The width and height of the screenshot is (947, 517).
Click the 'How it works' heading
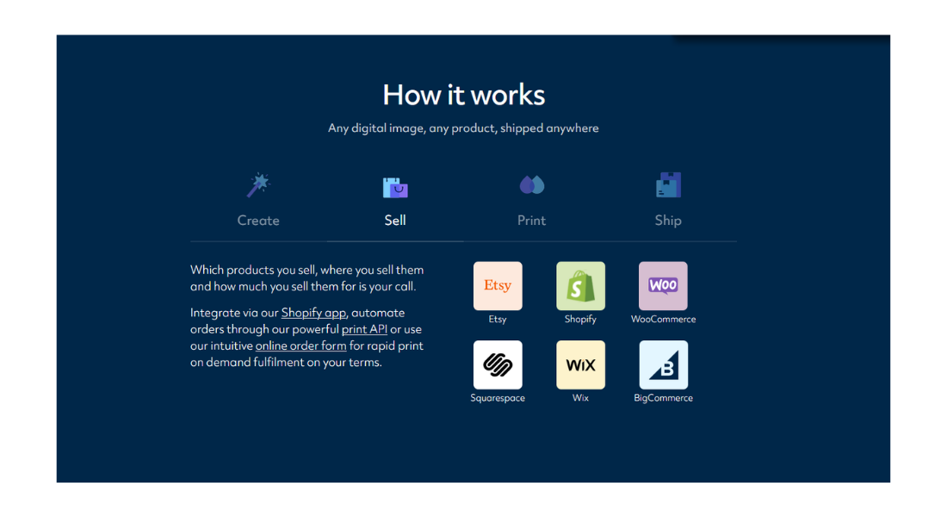pyautogui.click(x=464, y=95)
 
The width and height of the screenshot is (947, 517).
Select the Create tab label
pyautogui.click(x=258, y=220)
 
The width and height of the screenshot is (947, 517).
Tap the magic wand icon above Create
pyautogui.click(x=258, y=185)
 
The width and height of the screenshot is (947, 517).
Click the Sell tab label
pyautogui.click(x=395, y=220)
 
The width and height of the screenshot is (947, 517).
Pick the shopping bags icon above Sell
pyautogui.click(x=395, y=188)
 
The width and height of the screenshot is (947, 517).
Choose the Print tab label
pyautogui.click(x=531, y=220)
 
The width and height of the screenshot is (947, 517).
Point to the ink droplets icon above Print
pyautogui.click(x=532, y=185)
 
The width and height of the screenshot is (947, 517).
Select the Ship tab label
pyautogui.click(x=668, y=220)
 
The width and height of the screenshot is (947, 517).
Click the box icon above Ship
pyautogui.click(x=669, y=185)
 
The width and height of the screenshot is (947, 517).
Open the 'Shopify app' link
pyautogui.click(x=313, y=314)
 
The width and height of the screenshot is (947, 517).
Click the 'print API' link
pyautogui.click(x=364, y=329)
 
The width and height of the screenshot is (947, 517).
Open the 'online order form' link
pyautogui.click(x=300, y=346)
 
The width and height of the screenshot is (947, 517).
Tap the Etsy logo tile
pyautogui.click(x=498, y=286)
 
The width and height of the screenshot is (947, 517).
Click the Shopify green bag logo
pyautogui.click(x=580, y=286)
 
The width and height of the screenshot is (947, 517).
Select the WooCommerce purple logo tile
pyautogui.click(x=663, y=286)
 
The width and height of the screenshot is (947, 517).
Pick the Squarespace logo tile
pyautogui.click(x=498, y=364)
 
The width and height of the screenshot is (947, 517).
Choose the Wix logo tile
pyautogui.click(x=580, y=364)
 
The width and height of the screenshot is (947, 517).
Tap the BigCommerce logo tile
pyautogui.click(x=663, y=364)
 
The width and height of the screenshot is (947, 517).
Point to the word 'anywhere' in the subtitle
pyautogui.click(x=573, y=128)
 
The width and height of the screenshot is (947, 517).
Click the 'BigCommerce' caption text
pyautogui.click(x=663, y=398)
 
